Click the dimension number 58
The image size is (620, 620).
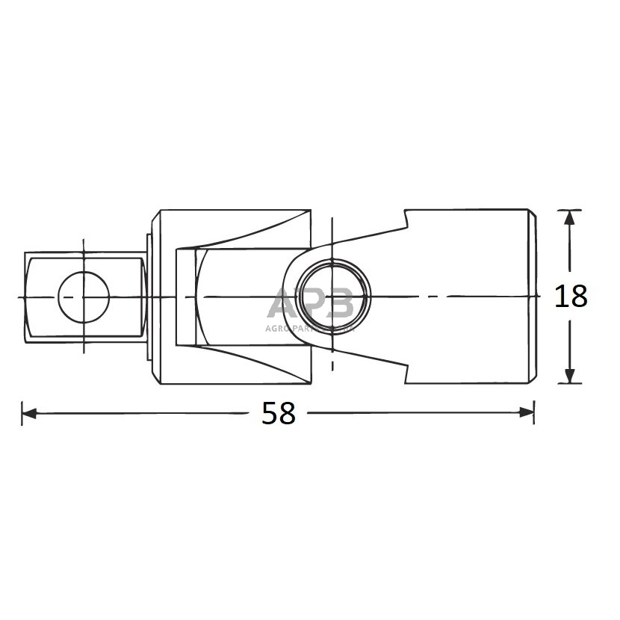279,412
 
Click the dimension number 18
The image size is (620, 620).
571,297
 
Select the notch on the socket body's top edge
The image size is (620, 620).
408,218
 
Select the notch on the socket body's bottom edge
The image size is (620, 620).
408,373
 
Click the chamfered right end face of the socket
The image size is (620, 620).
533,297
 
